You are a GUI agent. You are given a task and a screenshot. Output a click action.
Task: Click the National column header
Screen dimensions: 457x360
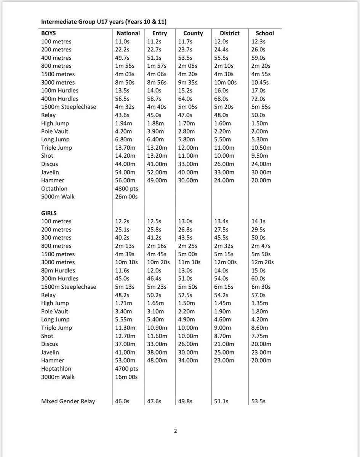[x=128, y=33]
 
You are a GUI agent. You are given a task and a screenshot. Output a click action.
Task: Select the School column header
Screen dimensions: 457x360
[x=265, y=33]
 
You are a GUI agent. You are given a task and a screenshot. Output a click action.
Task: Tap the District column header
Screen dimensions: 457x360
[x=230, y=33]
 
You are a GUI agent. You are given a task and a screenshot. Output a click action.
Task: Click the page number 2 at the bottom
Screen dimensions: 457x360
[x=175, y=431]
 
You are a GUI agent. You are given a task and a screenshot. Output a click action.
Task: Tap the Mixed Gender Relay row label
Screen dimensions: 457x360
[x=68, y=401]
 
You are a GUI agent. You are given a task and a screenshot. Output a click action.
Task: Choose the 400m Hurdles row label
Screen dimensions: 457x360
[x=60, y=99]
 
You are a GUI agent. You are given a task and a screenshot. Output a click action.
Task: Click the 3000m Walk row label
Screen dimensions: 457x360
[x=58, y=377]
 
